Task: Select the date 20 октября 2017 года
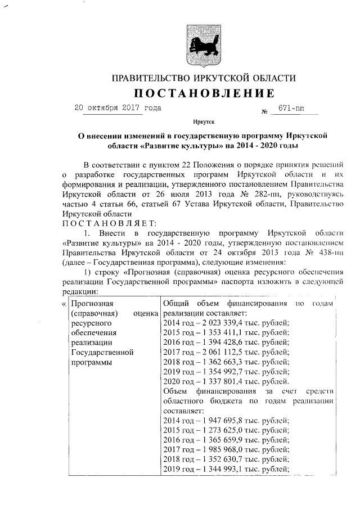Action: click(x=117, y=107)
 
